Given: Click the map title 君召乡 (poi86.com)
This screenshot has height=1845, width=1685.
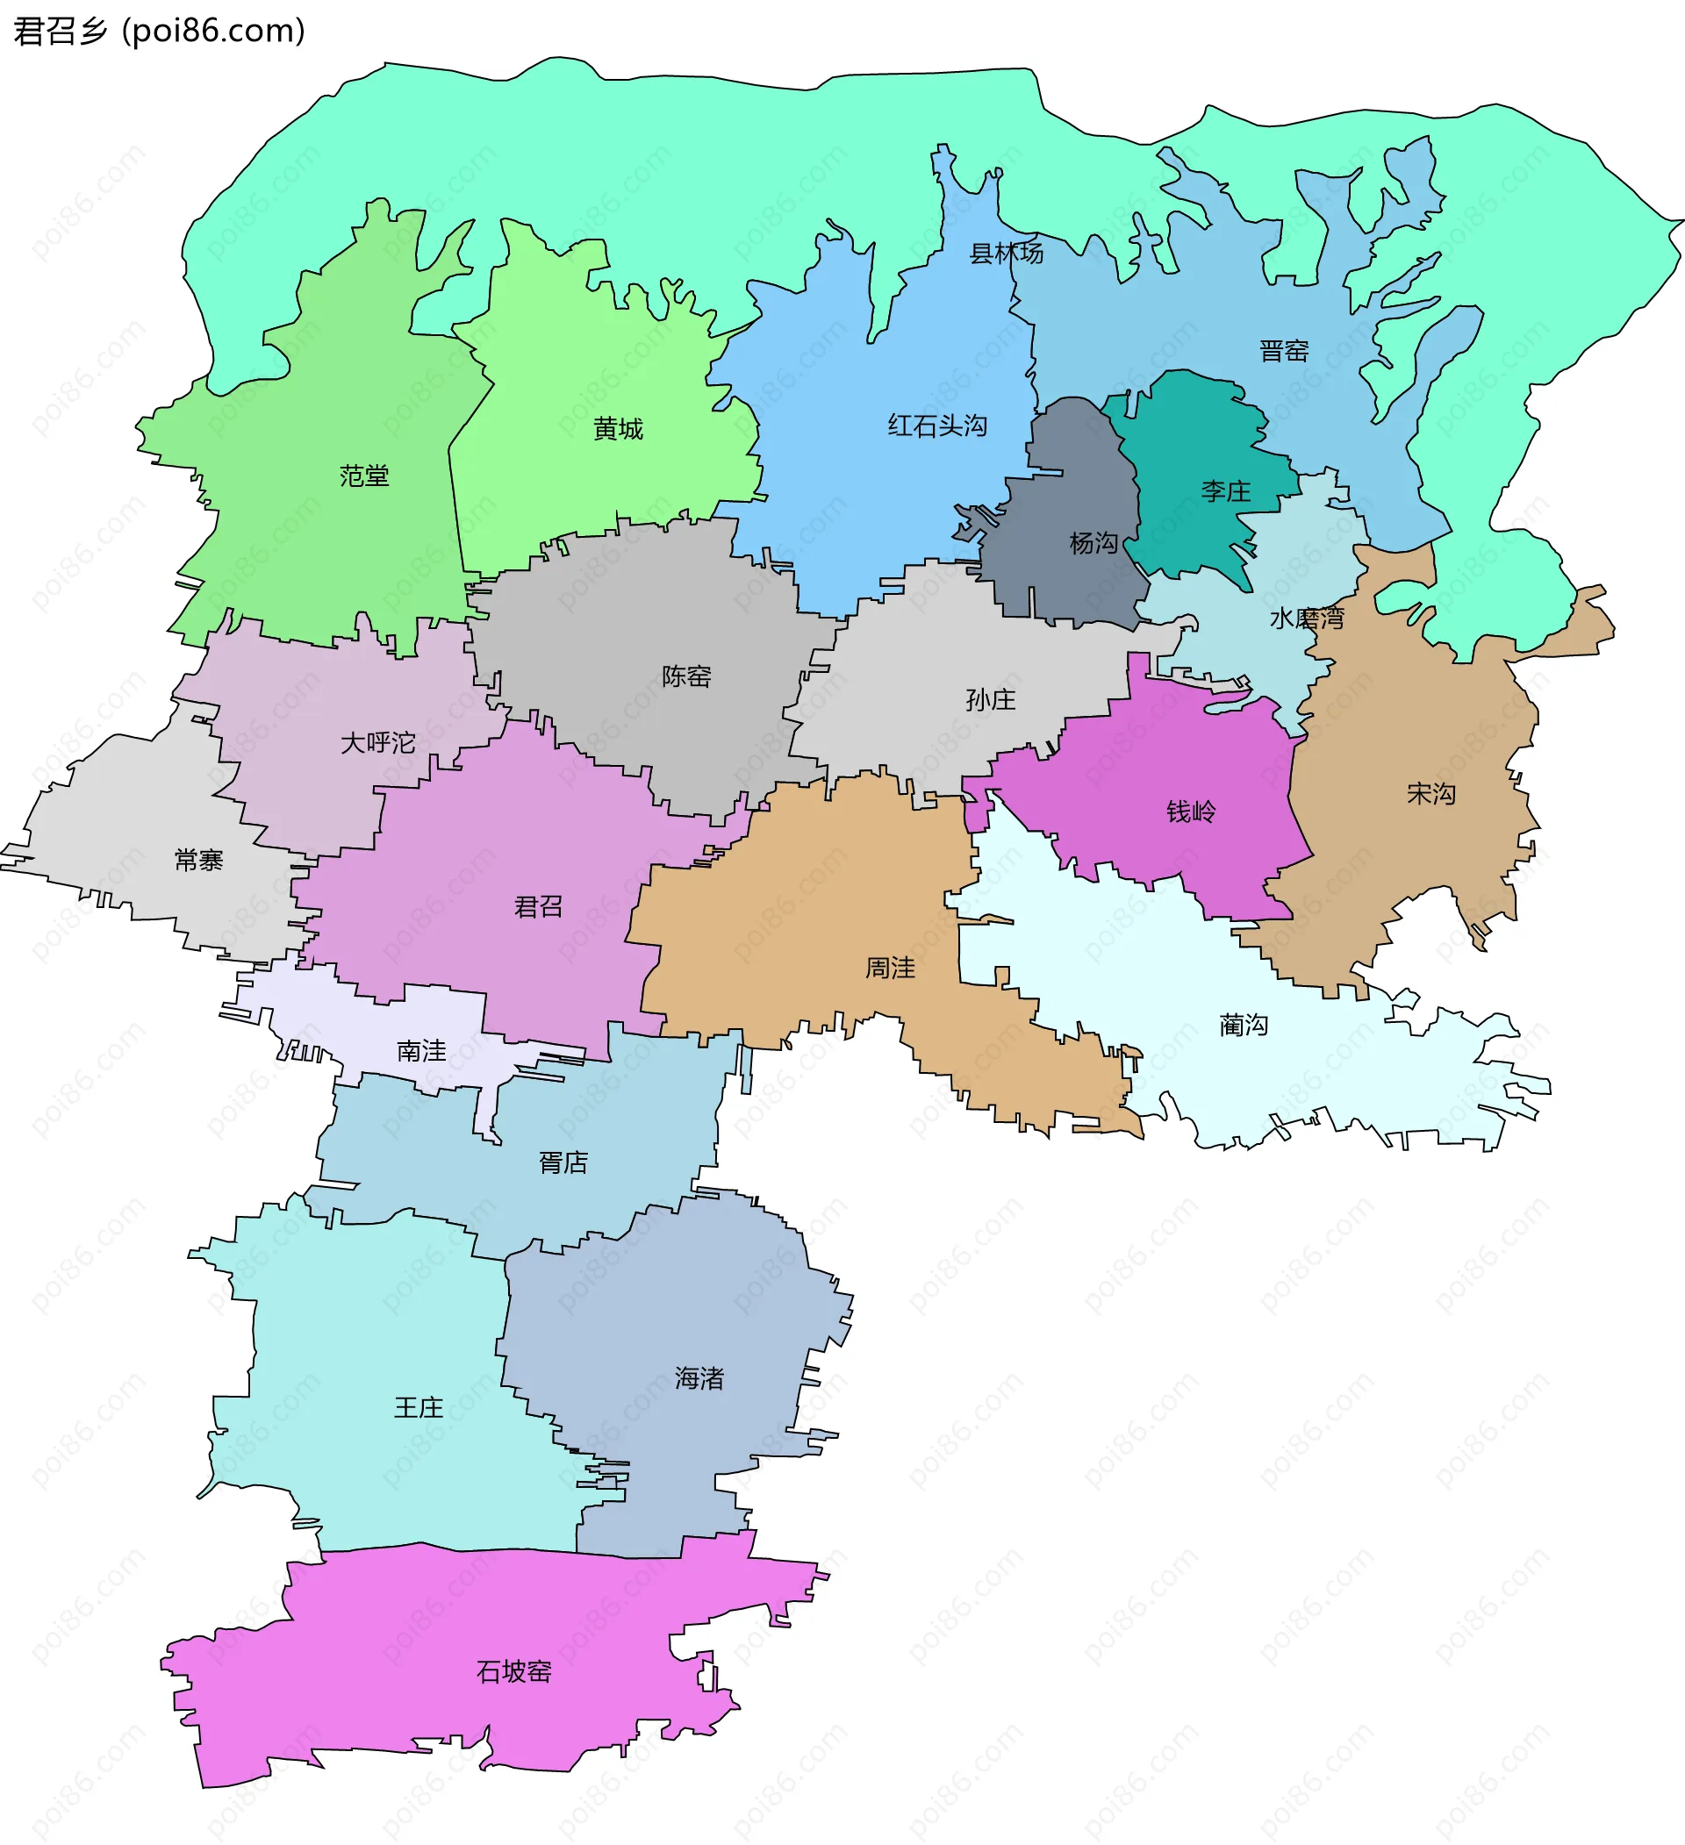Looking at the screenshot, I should [x=159, y=31].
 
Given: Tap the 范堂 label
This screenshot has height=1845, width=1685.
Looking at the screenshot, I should [x=364, y=476].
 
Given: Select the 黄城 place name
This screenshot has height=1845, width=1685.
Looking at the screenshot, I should [x=618, y=428].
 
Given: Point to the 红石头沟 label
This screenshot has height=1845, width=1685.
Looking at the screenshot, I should [x=937, y=425].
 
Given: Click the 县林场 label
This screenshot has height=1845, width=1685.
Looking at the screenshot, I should [x=1006, y=254].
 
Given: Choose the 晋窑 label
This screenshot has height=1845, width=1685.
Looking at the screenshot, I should [x=1283, y=351].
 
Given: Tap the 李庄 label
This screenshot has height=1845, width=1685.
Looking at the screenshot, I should [x=1225, y=491].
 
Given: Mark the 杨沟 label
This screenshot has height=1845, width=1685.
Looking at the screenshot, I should [x=1093, y=544].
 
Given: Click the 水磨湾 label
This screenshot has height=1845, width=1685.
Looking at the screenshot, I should [x=1306, y=619].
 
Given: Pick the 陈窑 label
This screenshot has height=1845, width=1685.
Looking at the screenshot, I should [x=686, y=676].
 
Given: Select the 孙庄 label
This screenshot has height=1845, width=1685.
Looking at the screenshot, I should [x=990, y=700].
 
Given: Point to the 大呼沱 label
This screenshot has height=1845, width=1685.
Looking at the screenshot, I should [x=378, y=742].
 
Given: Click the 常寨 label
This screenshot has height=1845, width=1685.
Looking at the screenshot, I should [x=198, y=861].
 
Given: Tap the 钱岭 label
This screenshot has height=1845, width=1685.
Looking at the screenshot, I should [x=1191, y=812].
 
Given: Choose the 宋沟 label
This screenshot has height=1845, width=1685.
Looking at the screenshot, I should [x=1430, y=793].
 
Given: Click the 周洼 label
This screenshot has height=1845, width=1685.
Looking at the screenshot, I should [x=891, y=968].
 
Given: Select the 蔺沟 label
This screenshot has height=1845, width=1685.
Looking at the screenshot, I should [x=1244, y=1025].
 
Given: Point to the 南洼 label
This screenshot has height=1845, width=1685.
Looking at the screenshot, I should [x=421, y=1051].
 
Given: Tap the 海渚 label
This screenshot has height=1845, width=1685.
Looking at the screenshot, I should [x=699, y=1378].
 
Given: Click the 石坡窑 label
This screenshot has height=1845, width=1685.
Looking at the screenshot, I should [x=513, y=1672].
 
